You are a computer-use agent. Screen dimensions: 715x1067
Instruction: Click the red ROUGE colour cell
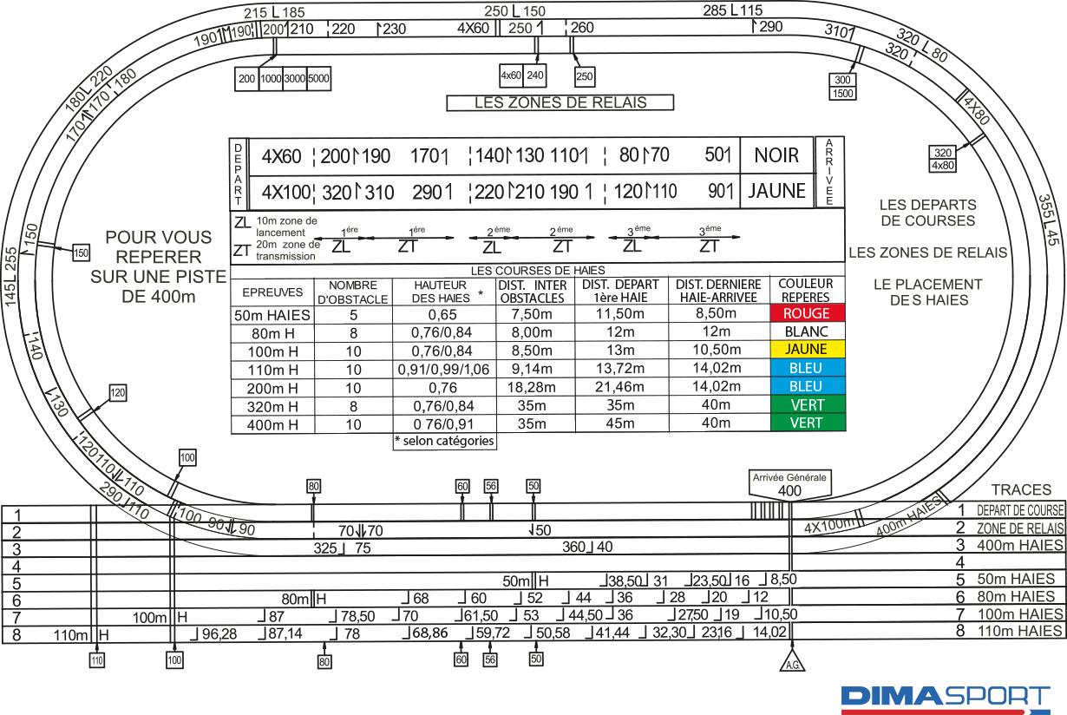pyautogui.click(x=807, y=313)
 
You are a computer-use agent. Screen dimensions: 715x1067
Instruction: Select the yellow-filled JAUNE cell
pyautogui.click(x=807, y=350)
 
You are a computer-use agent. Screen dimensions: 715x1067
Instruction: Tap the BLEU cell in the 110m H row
pyautogui.click(x=807, y=368)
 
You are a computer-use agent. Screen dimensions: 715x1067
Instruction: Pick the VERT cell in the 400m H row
pyautogui.click(x=807, y=423)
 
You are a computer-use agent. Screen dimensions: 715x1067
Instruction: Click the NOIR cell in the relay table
pyautogui.click(x=776, y=156)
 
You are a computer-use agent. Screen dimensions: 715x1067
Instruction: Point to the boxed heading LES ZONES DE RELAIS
pyautogui.click(x=560, y=102)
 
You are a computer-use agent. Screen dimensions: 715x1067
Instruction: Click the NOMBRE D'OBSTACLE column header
pyautogui.click(x=354, y=291)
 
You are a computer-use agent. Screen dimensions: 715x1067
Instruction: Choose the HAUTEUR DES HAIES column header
pyautogui.click(x=443, y=291)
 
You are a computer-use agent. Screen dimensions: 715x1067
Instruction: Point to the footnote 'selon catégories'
pyautogui.click(x=444, y=441)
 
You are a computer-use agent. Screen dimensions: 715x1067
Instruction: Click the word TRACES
pyautogui.click(x=1021, y=490)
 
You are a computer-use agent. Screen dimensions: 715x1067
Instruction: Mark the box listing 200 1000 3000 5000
pyautogui.click(x=283, y=78)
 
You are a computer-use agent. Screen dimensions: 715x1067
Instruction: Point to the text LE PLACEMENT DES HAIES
pyautogui.click(x=927, y=292)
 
